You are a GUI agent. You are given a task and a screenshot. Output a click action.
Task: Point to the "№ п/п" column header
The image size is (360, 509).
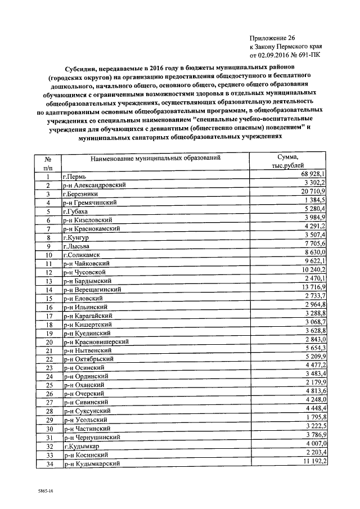[x=48, y=163]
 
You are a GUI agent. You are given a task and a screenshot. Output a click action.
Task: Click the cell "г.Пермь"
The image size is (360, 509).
[x=76, y=177]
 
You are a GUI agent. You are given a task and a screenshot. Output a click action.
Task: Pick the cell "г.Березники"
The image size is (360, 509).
[x=82, y=194]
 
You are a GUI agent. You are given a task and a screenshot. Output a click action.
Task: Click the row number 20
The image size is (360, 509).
[x=48, y=342]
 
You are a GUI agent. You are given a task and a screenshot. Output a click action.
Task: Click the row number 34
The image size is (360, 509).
[x=48, y=464]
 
